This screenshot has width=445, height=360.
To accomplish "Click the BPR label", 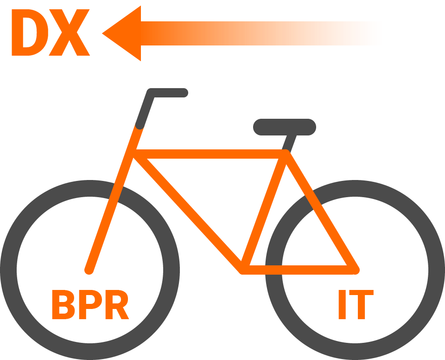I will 89,305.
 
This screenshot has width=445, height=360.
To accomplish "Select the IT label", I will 355,305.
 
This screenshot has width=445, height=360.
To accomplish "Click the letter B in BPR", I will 62,305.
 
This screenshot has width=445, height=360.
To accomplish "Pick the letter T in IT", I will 362,305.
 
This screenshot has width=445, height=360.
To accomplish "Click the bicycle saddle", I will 285,127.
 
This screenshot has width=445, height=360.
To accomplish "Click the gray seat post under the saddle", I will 291,142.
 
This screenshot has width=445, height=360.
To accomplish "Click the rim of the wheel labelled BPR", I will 89,188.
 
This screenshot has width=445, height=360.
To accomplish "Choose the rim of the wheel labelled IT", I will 355,188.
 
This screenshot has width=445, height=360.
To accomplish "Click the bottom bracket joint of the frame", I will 243,269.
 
